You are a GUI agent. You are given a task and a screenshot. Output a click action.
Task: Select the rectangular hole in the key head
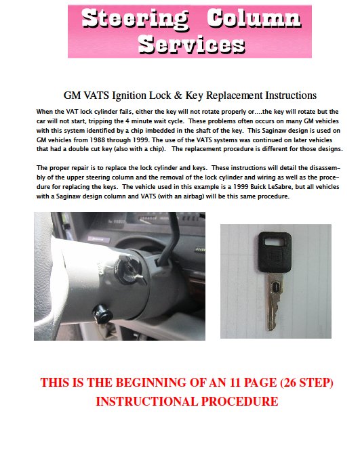275,240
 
